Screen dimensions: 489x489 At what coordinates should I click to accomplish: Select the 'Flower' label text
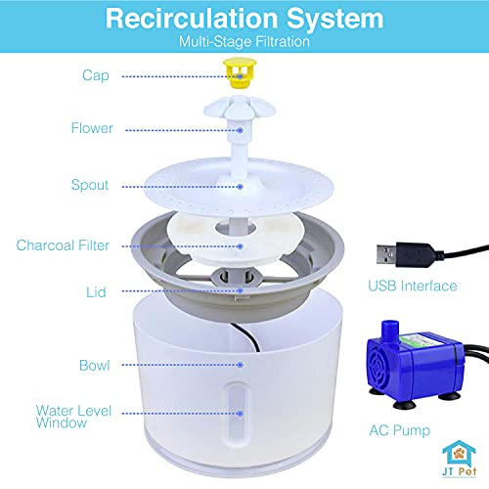tap(92, 128)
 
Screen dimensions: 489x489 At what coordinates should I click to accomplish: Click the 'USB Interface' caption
tap(412, 286)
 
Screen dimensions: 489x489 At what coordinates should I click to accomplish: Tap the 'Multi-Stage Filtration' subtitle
tap(244, 42)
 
